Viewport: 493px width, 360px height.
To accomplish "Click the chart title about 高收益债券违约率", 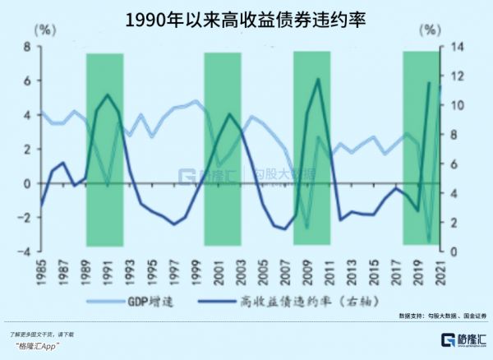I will pos(246,18).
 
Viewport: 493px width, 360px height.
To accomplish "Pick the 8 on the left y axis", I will pos(26,47).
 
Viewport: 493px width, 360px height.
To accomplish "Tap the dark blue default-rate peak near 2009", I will pos(319,79).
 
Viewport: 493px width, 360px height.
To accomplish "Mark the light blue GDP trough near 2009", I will pos(306,228).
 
